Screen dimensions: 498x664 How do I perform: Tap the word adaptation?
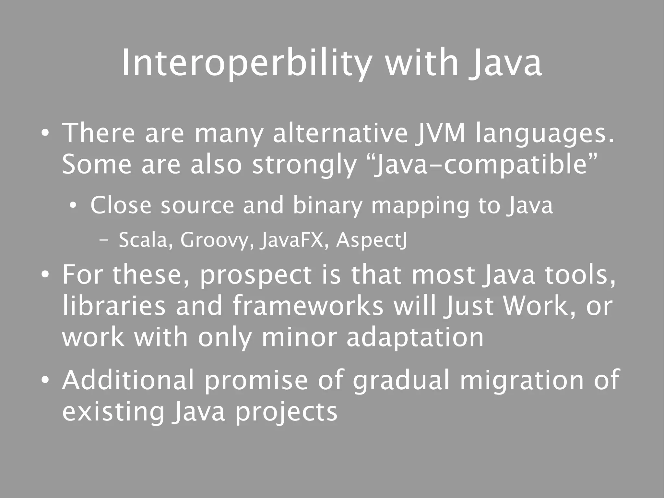coord(415,337)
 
